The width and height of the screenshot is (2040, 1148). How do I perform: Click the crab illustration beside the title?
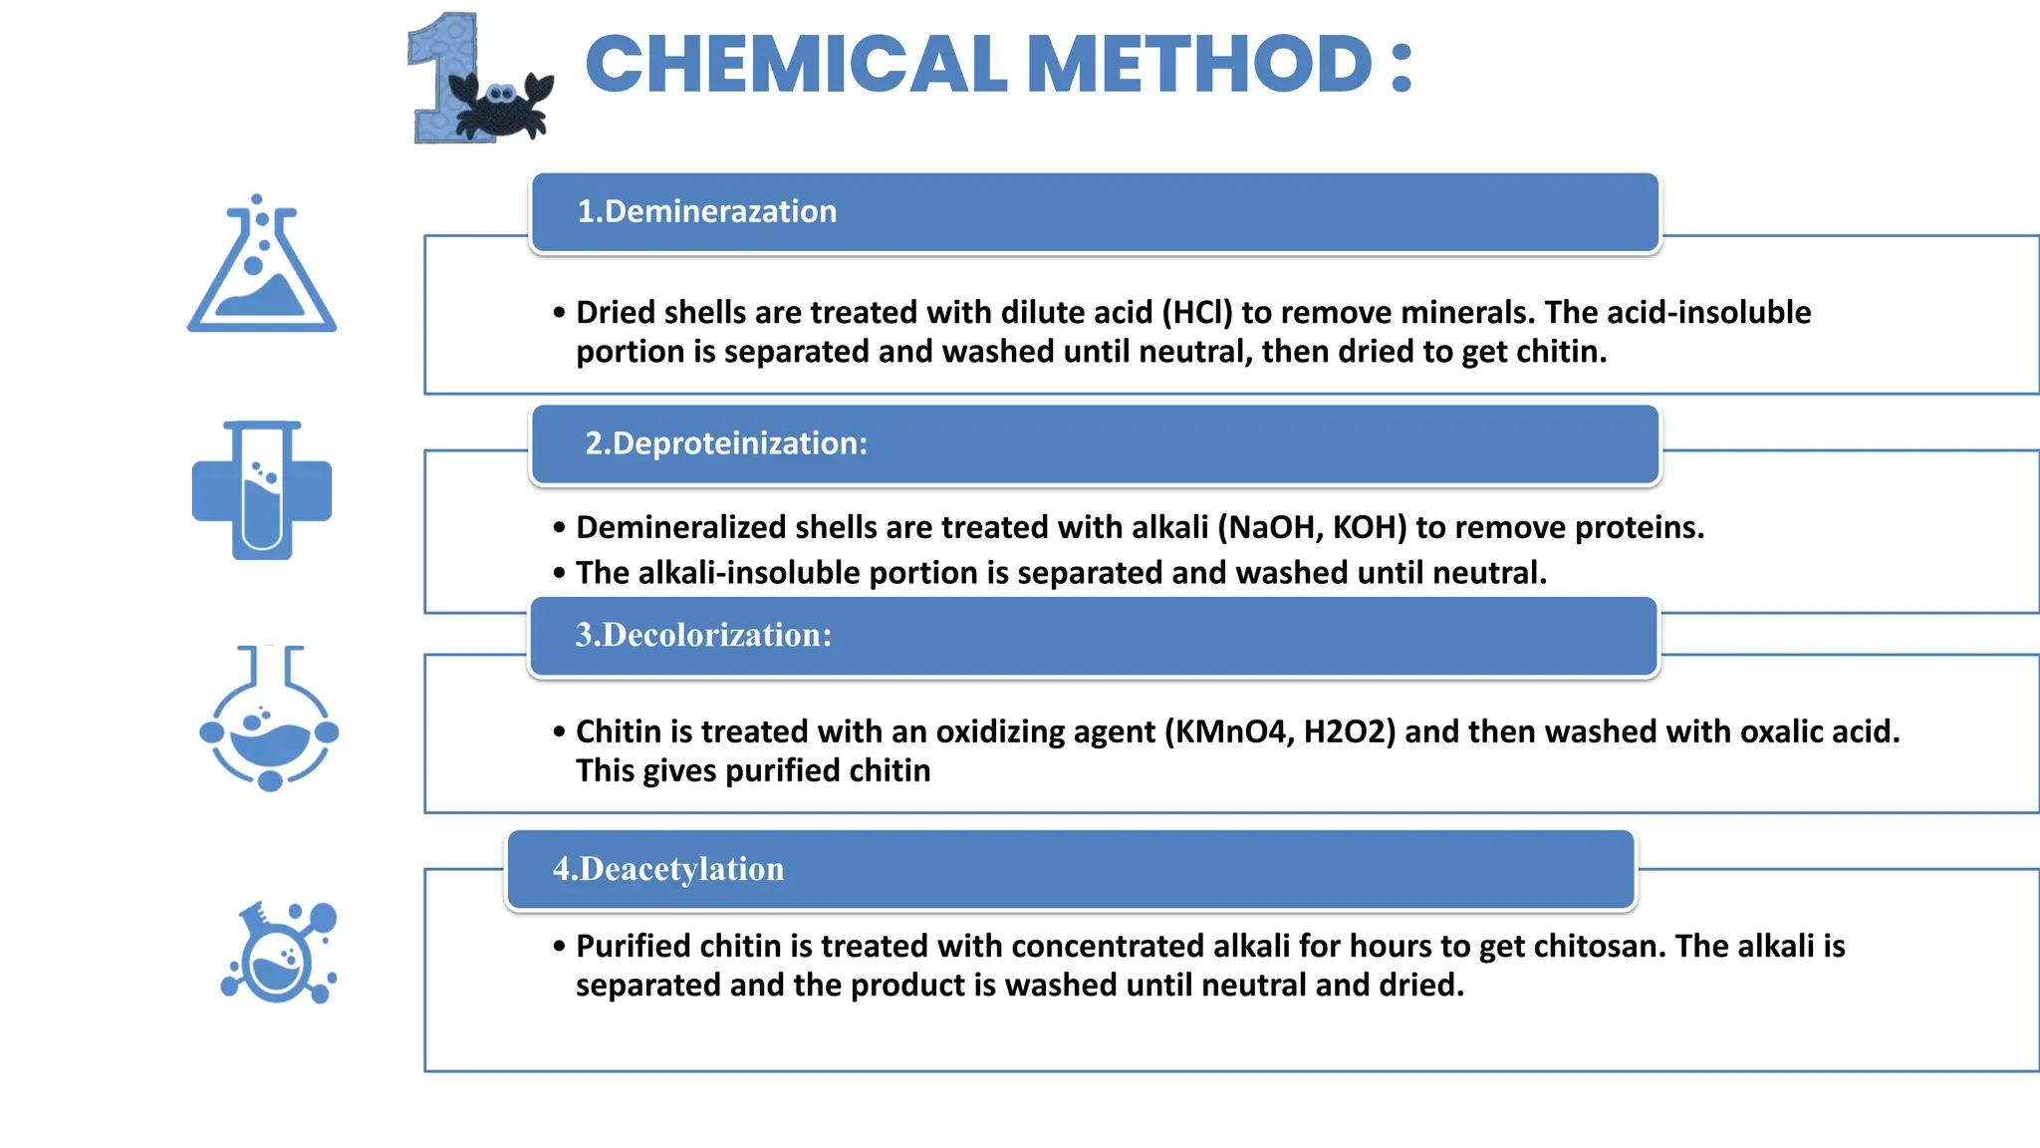502,106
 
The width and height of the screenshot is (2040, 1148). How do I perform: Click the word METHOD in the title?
1199,65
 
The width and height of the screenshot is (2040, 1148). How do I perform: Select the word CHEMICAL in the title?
796,65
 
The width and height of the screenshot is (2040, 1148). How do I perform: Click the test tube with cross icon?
262,490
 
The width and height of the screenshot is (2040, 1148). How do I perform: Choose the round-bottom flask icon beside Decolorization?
269,719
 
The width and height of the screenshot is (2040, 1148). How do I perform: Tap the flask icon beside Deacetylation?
280,953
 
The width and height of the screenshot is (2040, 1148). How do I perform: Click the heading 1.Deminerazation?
706,211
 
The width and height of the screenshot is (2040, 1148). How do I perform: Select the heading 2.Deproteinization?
725,443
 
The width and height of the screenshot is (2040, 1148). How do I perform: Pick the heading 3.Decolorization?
703,635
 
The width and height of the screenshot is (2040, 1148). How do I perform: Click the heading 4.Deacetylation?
668,869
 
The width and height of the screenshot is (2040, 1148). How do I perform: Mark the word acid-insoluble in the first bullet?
1708,313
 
